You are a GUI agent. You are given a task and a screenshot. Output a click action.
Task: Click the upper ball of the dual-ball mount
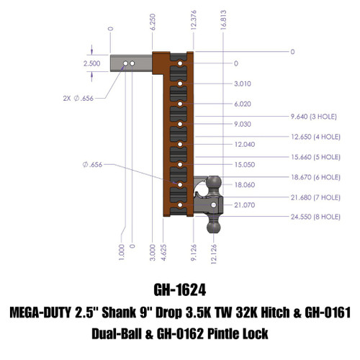coord(215,184)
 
